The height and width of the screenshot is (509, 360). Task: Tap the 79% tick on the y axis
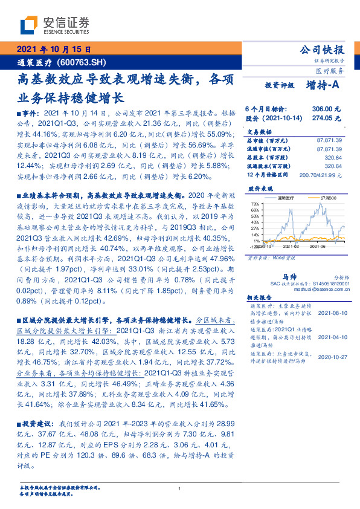click(x=256, y=204)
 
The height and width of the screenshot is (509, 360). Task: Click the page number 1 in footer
click(x=180, y=488)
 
